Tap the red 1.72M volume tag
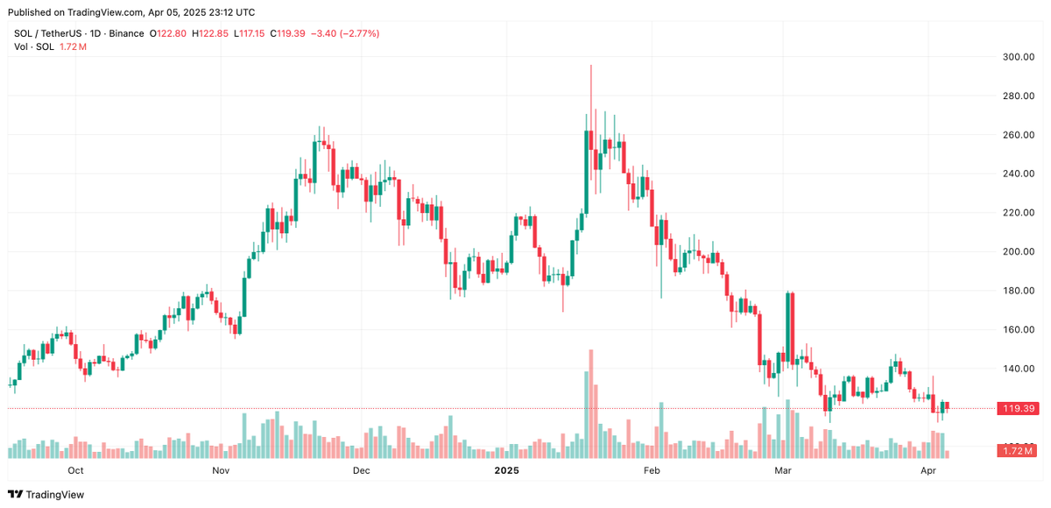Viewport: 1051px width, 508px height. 1015,450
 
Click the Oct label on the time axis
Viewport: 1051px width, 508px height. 75,470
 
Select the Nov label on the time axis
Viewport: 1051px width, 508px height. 221,470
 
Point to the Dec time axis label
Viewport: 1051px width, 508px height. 361,470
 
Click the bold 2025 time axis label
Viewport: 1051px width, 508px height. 507,470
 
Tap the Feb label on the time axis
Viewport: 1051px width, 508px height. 651,470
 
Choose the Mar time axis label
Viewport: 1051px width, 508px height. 783,470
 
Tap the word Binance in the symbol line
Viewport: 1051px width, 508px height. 127,33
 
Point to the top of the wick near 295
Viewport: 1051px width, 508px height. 591,66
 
